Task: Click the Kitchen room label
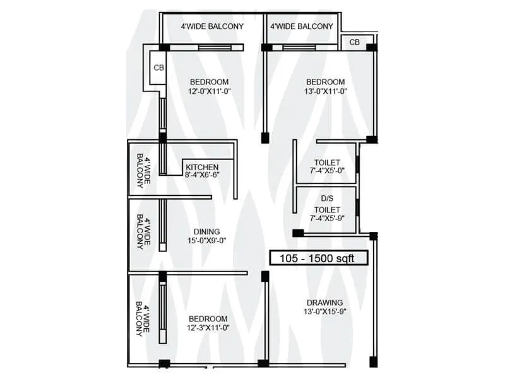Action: [202, 167]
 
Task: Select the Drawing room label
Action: [325, 302]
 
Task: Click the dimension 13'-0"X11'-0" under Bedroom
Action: [326, 92]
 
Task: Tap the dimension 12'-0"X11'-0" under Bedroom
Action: [210, 92]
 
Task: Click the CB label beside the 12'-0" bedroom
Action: [158, 66]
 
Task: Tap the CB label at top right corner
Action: [355, 42]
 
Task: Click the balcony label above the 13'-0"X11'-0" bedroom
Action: [301, 26]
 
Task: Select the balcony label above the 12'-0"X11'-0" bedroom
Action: [211, 26]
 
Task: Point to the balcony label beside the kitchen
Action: [143, 171]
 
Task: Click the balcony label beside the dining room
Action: [143, 233]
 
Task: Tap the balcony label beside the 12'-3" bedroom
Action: [143, 321]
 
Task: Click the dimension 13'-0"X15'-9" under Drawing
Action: [325, 312]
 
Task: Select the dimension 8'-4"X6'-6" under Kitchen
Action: [202, 176]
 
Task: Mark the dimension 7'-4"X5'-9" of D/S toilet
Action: [327, 219]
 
